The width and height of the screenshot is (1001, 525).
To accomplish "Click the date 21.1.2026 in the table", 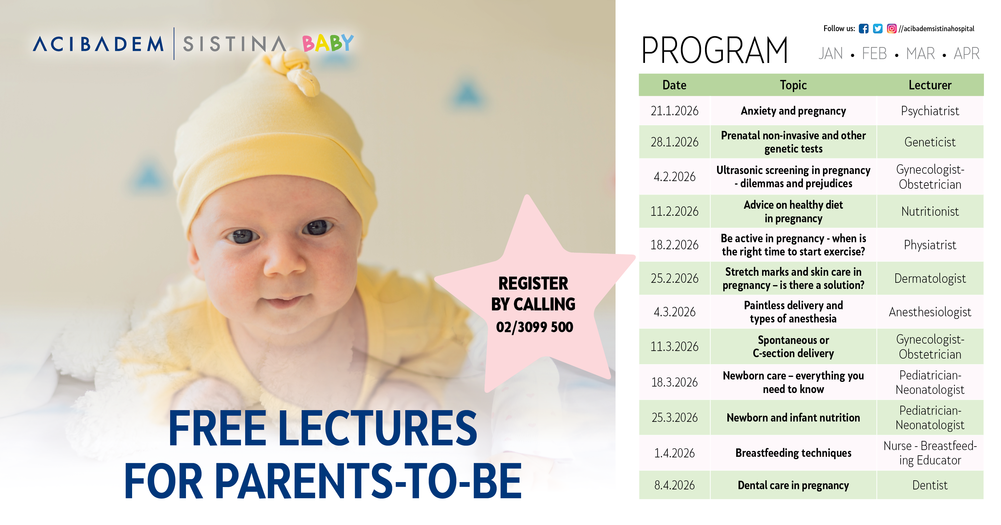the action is (x=675, y=111).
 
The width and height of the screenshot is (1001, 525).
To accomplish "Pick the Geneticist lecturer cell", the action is (x=930, y=142).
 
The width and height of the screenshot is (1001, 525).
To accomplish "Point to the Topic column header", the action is (x=793, y=85).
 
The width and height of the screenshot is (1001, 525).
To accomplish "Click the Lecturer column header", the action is (x=930, y=85).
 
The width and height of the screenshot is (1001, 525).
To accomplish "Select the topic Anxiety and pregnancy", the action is (x=793, y=111).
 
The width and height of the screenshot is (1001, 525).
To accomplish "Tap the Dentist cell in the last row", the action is (x=930, y=485).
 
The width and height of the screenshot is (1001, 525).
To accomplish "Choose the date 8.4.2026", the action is (x=675, y=485).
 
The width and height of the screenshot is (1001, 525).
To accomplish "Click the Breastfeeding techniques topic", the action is (x=793, y=453).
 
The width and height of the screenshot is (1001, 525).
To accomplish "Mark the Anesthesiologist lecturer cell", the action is (x=930, y=312).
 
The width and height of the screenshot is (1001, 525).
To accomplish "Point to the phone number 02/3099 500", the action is (x=534, y=327).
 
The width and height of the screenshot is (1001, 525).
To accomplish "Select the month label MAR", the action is (x=920, y=53).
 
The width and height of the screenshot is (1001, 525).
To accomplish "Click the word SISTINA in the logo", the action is (x=234, y=44).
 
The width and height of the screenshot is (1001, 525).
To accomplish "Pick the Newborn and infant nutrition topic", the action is (x=793, y=418).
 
